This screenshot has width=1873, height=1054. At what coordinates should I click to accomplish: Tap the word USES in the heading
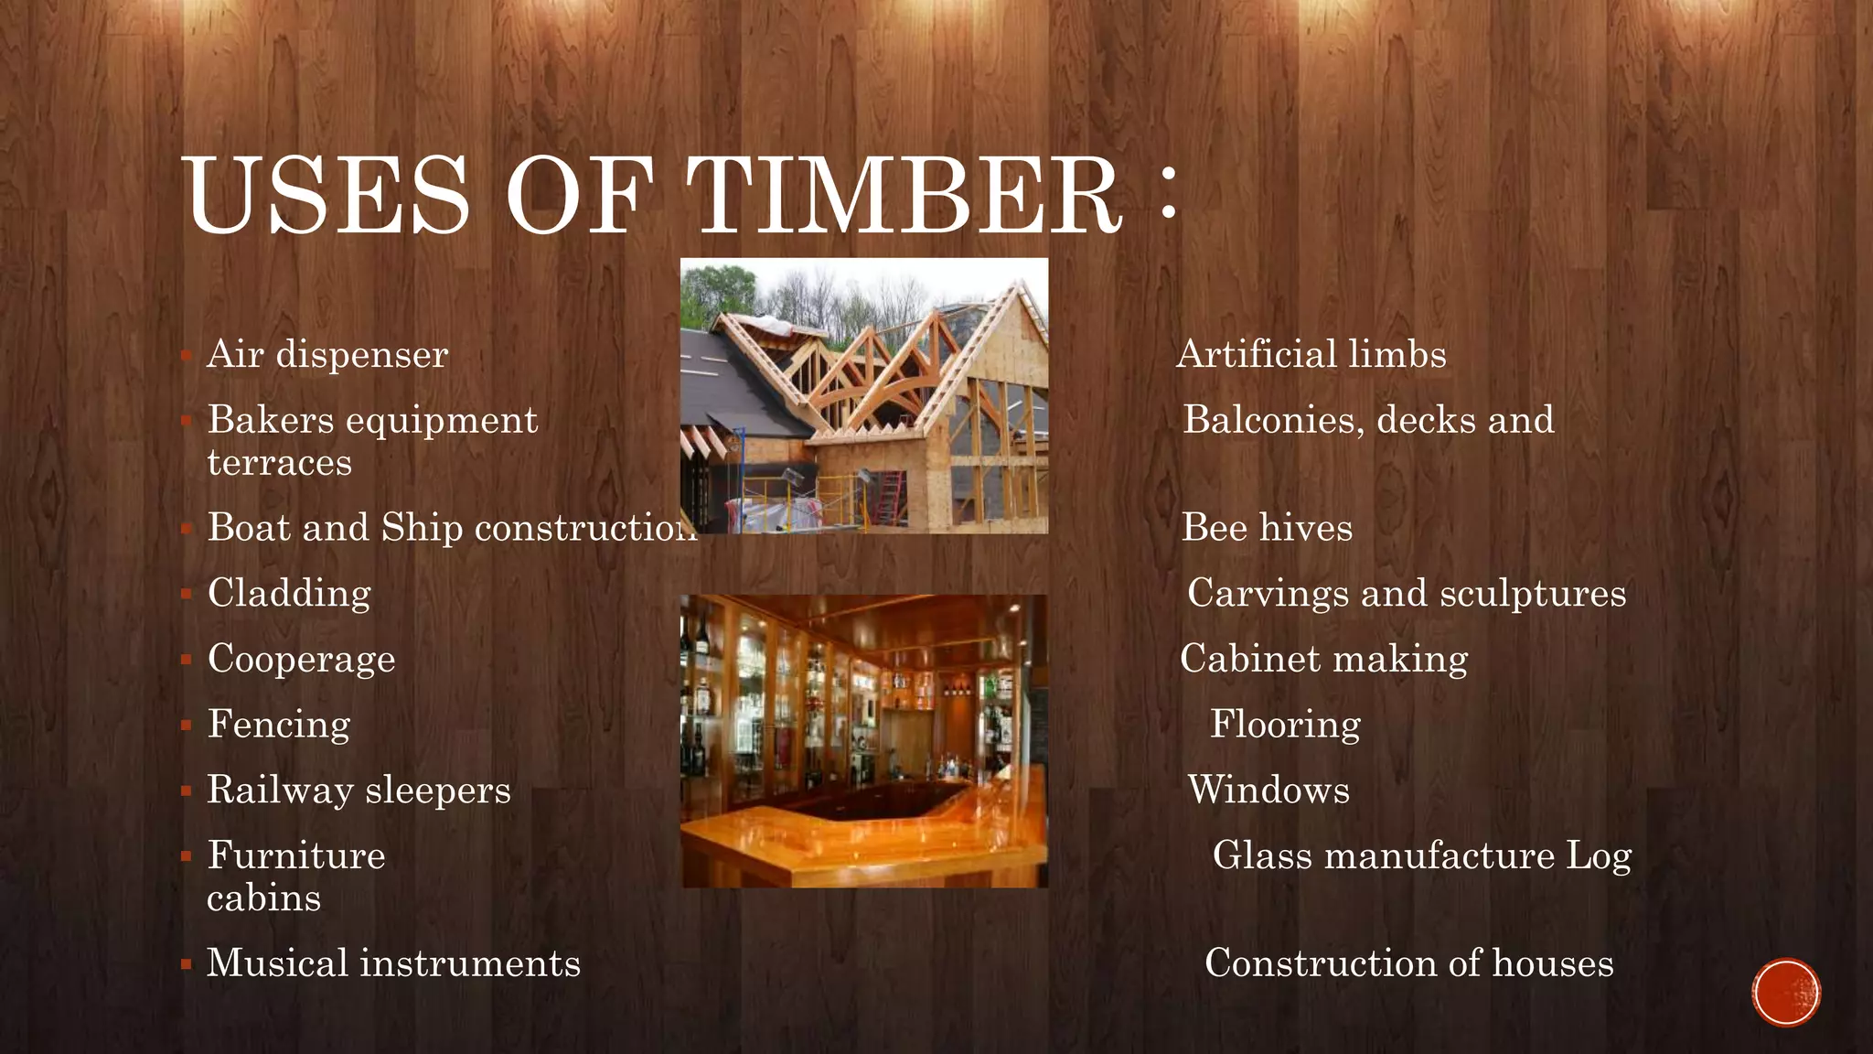click(x=327, y=195)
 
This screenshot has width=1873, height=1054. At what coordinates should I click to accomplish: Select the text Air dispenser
click(x=327, y=354)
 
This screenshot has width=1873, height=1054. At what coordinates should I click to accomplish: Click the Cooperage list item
click(x=301, y=659)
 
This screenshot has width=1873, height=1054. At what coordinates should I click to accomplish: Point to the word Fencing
click(x=279, y=725)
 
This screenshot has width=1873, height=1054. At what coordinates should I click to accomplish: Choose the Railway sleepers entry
click(x=359, y=790)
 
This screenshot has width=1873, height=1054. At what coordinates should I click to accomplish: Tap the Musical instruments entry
click(x=393, y=963)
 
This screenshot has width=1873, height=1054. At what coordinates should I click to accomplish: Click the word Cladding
click(x=289, y=593)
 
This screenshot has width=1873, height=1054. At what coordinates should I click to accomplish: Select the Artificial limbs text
click(x=1311, y=354)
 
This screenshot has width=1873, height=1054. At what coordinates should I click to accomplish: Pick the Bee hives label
click(x=1267, y=528)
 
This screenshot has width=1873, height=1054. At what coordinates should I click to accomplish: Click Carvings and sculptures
click(x=1407, y=593)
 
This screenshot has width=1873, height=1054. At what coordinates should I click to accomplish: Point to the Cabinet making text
click(x=1323, y=659)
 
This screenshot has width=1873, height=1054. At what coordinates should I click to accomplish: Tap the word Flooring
click(x=1285, y=725)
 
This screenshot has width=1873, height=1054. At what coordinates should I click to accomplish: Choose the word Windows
click(x=1268, y=790)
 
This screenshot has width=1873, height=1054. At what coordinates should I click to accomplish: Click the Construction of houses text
click(x=1408, y=963)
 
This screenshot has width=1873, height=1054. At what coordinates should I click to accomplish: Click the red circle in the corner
click(x=1786, y=992)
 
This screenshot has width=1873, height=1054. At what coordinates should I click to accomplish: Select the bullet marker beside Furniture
click(x=186, y=857)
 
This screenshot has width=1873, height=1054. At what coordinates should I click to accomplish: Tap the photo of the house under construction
click(x=864, y=395)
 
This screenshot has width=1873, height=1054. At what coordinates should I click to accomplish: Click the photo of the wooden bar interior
click(x=864, y=741)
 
